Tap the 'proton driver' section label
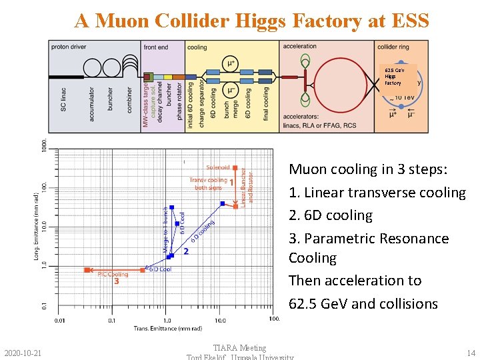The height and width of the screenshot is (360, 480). [70, 47]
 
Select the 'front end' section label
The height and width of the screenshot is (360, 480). [156, 47]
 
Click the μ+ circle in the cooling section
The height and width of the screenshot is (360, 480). [231, 63]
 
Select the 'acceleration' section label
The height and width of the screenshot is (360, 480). [300, 47]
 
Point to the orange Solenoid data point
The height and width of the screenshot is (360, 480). [235, 168]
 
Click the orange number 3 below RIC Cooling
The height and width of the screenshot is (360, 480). [116, 281]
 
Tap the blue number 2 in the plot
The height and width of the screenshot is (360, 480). [185, 251]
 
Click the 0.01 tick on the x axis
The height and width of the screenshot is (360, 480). [60, 320]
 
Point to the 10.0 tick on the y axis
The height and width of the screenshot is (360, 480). [43, 227]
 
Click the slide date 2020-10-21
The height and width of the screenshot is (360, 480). [22, 352]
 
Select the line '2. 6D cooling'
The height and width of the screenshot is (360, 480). [330, 215]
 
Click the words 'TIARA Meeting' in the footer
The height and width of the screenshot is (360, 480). [239, 347]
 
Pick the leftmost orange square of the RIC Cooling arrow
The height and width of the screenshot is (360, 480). [87, 270]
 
